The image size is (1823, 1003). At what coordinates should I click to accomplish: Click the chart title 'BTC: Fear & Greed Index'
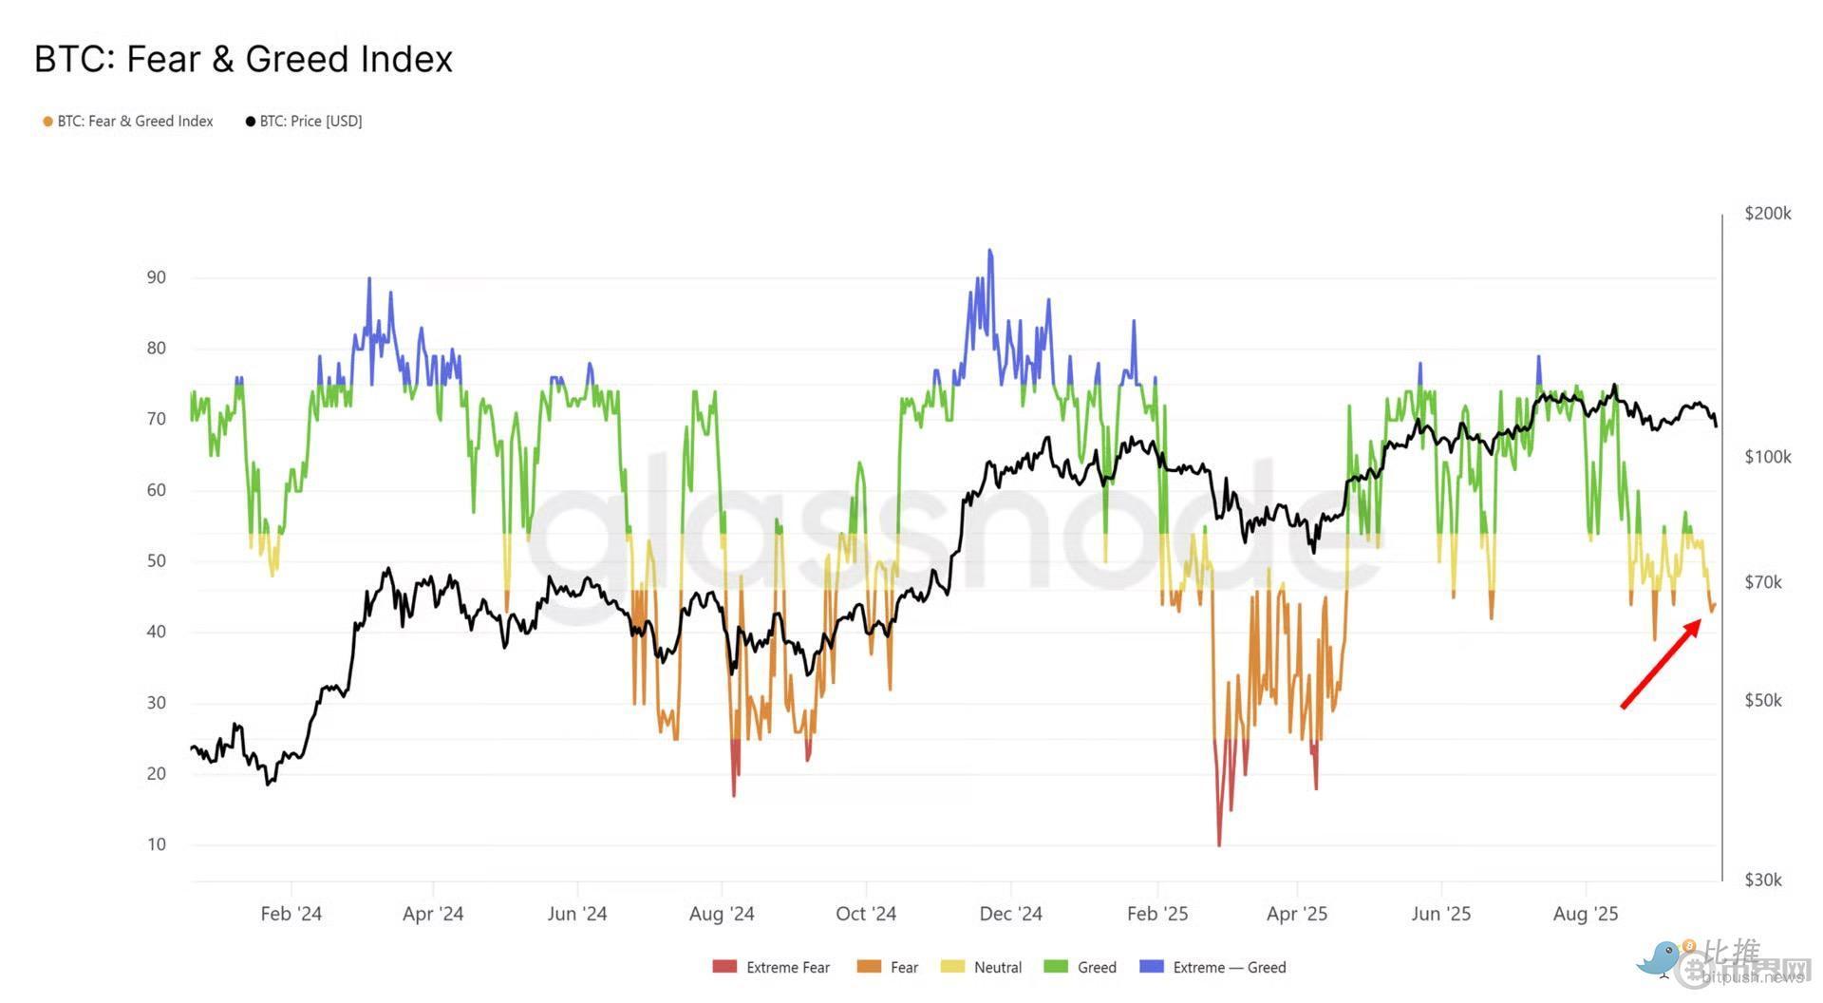pyautogui.click(x=243, y=59)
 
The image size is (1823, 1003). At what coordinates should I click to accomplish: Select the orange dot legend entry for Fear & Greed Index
pyautogui.click(x=47, y=122)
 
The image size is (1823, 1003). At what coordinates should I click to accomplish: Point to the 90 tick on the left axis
pyautogui.click(x=156, y=277)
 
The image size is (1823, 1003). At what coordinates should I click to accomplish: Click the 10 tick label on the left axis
pyautogui.click(x=156, y=844)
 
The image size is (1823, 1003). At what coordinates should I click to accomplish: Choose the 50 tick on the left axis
pyautogui.click(x=156, y=560)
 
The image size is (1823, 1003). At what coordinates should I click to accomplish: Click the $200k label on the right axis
pyautogui.click(x=1767, y=214)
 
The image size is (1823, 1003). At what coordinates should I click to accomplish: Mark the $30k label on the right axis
pyautogui.click(x=1762, y=880)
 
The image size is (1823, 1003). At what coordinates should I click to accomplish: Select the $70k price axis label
pyautogui.click(x=1762, y=582)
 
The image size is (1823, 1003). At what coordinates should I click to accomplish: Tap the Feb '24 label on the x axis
pyautogui.click(x=291, y=914)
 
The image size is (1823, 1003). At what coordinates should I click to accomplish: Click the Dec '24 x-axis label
pyautogui.click(x=1010, y=914)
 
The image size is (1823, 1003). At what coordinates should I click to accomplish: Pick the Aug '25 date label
pyautogui.click(x=1585, y=914)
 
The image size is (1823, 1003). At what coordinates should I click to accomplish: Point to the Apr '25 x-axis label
pyautogui.click(x=1296, y=914)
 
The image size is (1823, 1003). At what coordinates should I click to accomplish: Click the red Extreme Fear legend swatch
pyautogui.click(x=724, y=967)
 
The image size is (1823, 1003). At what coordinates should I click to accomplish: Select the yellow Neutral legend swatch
pyautogui.click(x=952, y=967)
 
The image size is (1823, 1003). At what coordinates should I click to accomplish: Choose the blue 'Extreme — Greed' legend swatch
pyautogui.click(x=1151, y=967)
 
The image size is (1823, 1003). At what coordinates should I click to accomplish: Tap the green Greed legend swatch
pyautogui.click(x=1056, y=967)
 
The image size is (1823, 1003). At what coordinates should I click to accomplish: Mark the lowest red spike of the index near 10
pyautogui.click(x=1219, y=842)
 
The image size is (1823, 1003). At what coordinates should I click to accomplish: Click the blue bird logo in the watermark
pyautogui.click(x=1661, y=958)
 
